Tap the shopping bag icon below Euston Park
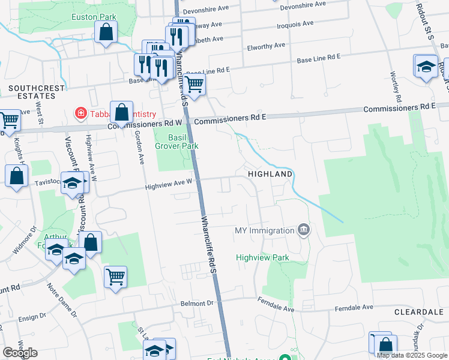106,34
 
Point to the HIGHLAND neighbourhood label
271,174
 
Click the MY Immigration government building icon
304,230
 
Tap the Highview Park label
262,257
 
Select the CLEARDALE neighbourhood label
419,313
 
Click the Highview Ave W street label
169,187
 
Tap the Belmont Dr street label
197,304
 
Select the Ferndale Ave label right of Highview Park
277,308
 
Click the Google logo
20,353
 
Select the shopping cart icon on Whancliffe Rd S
194,86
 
